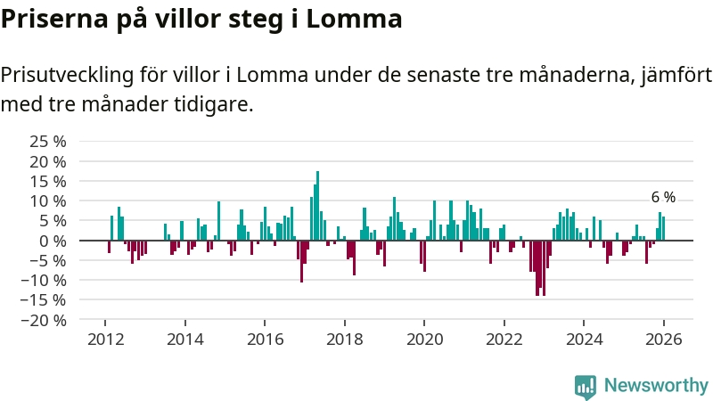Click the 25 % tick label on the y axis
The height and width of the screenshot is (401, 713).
(48, 142)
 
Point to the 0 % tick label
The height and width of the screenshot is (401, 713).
(53, 241)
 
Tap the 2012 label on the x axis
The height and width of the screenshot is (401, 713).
(105, 340)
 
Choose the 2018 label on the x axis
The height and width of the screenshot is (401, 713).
(344, 340)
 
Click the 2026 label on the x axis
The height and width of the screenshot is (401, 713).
(663, 340)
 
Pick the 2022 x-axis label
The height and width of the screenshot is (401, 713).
(504, 340)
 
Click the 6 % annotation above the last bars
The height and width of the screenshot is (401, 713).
(663, 198)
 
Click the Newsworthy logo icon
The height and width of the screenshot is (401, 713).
(586, 386)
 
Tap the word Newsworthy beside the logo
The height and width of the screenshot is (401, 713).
(656, 386)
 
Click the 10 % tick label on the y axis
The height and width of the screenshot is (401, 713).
(48, 201)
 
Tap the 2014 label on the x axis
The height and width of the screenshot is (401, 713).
(184, 340)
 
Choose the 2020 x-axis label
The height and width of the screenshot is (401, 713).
(423, 340)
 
